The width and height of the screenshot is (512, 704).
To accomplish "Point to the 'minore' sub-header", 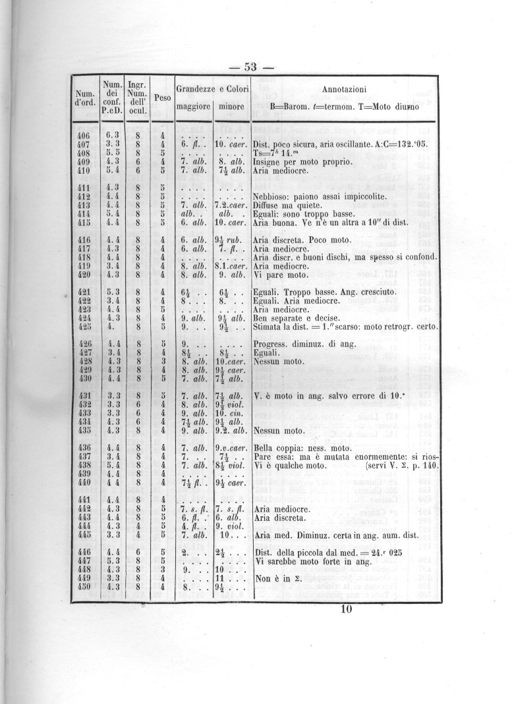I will (x=231, y=106).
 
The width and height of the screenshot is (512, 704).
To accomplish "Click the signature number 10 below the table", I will (x=348, y=609).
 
